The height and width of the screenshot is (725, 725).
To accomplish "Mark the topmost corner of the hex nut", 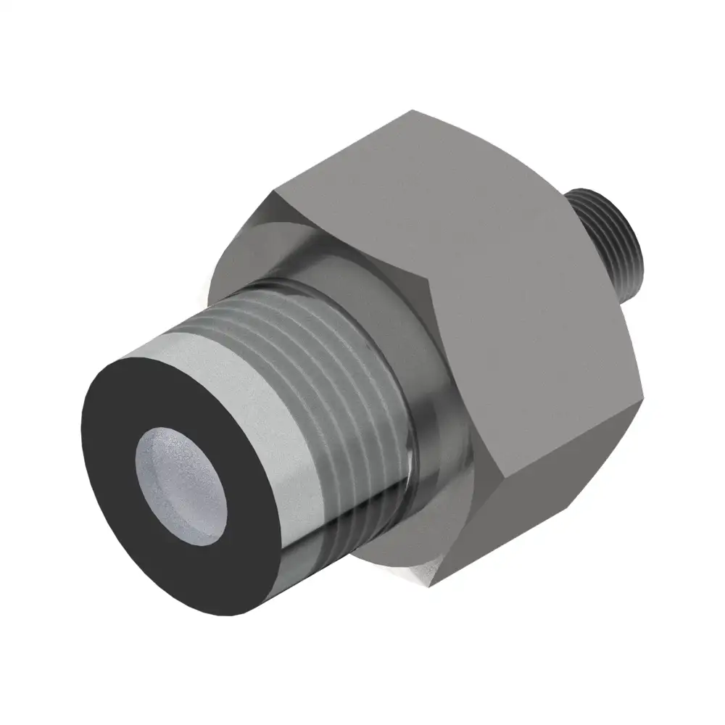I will click(x=413, y=110).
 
